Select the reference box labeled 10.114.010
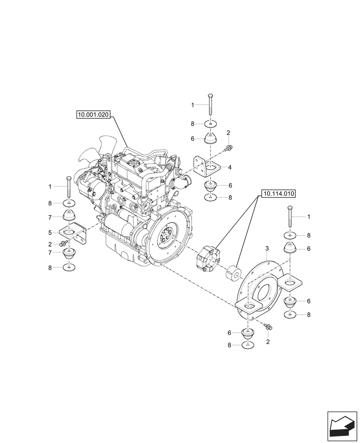click(x=279, y=194)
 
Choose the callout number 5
click(x=51, y=232)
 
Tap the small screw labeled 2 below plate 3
click(x=269, y=326)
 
